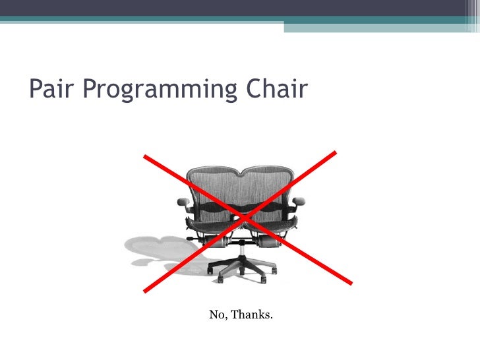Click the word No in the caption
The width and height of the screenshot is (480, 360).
[x=218, y=315]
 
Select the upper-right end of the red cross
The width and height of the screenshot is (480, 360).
[x=335, y=153]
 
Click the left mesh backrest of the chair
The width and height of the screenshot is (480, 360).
[x=211, y=188]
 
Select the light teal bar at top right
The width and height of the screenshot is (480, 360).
[x=382, y=26]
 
